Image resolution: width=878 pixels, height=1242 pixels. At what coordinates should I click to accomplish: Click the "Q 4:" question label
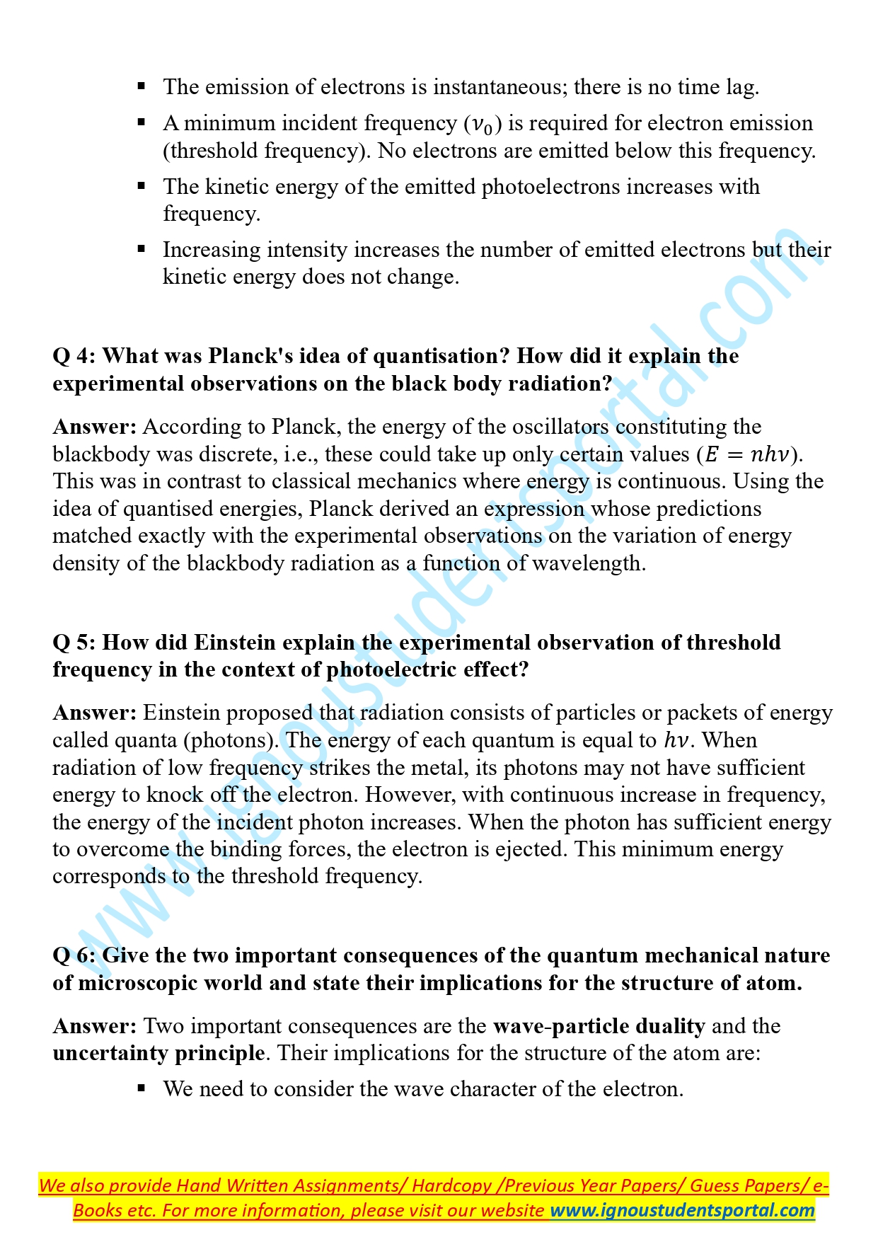coord(74,356)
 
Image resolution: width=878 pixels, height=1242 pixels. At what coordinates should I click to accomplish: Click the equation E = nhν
coord(751,454)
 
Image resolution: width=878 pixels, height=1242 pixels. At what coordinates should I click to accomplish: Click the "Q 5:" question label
coord(74,643)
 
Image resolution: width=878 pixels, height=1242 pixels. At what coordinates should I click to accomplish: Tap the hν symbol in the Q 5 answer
coord(678,740)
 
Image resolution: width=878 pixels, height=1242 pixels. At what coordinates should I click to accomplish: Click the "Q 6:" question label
coord(74,956)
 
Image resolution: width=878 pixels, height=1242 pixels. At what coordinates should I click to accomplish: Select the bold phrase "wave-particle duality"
coord(599,1026)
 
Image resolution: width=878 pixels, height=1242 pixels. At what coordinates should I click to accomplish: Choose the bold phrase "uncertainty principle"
coord(158,1053)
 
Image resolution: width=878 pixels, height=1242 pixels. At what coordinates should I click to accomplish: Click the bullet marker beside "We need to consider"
coord(141,1088)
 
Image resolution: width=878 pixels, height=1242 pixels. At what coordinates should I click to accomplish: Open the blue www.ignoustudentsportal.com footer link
coord(683,1210)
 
